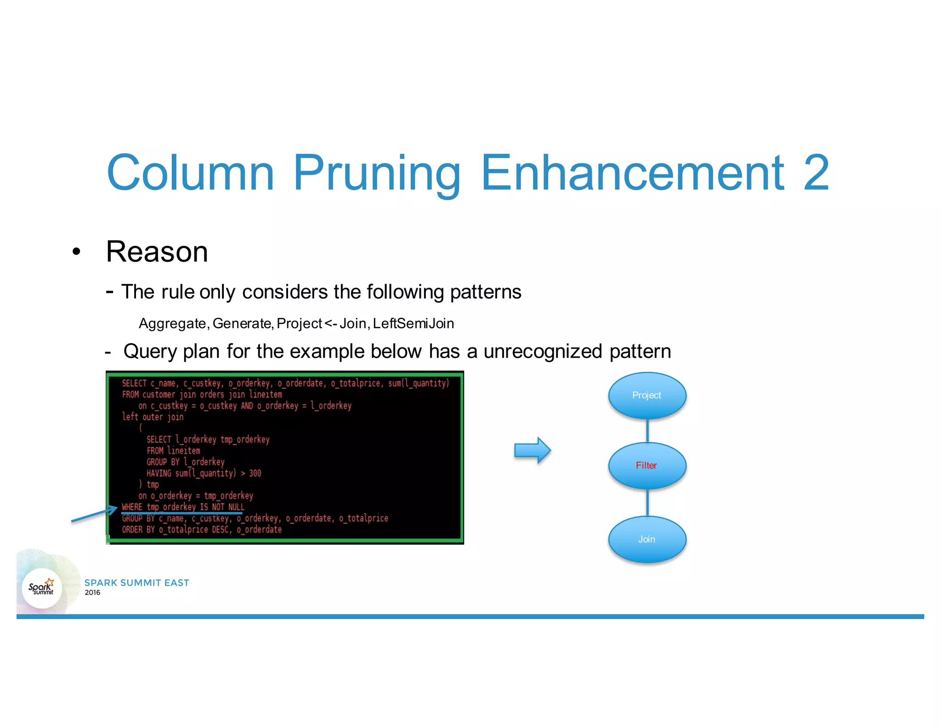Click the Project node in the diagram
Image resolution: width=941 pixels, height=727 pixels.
[646, 395]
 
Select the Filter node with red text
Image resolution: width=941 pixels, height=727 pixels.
[646, 466]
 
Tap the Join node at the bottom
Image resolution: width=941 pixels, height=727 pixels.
[646, 539]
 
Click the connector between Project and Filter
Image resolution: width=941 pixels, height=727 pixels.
[647, 431]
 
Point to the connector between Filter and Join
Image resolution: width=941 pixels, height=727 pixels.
[647, 502]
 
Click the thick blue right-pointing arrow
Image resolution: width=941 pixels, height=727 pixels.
[532, 450]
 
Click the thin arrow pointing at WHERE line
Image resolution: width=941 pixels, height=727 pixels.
[94, 514]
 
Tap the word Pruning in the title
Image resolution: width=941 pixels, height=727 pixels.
[376, 174]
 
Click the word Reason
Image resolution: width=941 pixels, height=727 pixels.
[157, 252]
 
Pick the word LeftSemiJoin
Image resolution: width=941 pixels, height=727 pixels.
[413, 324]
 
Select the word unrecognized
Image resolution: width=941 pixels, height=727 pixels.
[543, 352]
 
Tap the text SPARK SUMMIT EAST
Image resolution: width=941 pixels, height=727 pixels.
[136, 583]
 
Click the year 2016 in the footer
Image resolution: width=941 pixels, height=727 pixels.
[92, 593]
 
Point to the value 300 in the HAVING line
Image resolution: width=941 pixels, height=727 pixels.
[255, 473]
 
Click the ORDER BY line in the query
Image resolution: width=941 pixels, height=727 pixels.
[202, 529]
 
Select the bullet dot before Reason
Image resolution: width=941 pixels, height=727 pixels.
[76, 252]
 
